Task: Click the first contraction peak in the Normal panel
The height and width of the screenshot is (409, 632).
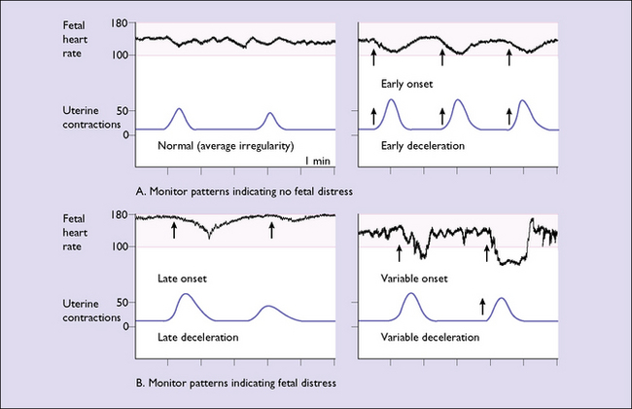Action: [x=178, y=110]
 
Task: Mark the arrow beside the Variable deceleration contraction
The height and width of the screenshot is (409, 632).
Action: [x=482, y=308]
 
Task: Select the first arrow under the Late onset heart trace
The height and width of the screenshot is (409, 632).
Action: [x=174, y=230]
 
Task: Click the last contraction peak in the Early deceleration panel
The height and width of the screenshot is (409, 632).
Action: [x=524, y=101]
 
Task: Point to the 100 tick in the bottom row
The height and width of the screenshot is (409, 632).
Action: [x=122, y=246]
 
